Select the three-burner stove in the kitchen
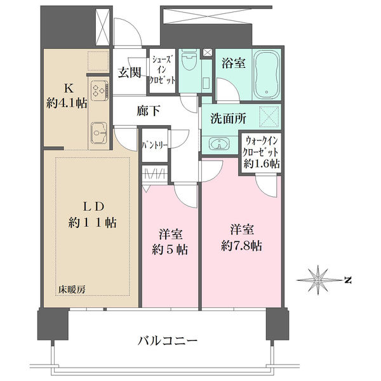[x=100, y=91]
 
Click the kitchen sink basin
[x=99, y=133]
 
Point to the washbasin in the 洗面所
[x=219, y=144]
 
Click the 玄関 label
[x=130, y=72]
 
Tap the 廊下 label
[x=149, y=110]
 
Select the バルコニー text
[x=168, y=340]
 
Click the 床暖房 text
[x=72, y=289]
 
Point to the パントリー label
[x=155, y=145]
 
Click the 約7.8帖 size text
[x=242, y=246]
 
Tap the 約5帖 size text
[x=170, y=250]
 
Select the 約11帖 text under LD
[x=93, y=222]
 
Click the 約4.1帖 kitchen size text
[x=67, y=104]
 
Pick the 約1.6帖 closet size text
[x=262, y=164]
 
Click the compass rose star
[x=317, y=280]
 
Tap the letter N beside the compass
[x=348, y=280]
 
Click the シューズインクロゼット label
[x=162, y=70]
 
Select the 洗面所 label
[x=228, y=119]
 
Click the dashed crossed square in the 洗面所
[x=269, y=116]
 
